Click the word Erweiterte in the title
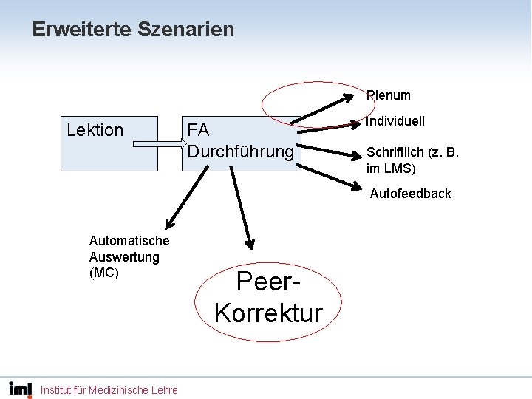(81, 30)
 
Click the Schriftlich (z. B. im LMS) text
(412, 160)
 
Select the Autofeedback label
(410, 194)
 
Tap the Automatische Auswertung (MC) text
(129, 256)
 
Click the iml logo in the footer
(21, 389)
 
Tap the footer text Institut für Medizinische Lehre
(109, 389)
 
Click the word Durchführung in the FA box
(241, 151)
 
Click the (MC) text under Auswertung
(103, 273)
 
